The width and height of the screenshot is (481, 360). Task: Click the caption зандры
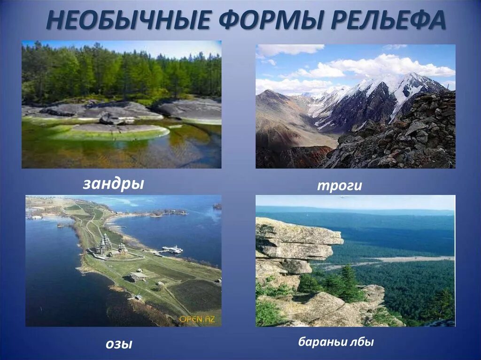[113, 184]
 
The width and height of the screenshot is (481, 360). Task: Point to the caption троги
[339, 185]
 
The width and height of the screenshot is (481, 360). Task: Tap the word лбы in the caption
[362, 342]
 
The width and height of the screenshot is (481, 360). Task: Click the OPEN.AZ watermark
[197, 319]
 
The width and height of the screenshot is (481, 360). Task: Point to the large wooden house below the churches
[138, 277]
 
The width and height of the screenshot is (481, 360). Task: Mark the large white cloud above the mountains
[385, 66]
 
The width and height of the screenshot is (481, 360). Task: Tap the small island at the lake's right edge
[217, 206]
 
